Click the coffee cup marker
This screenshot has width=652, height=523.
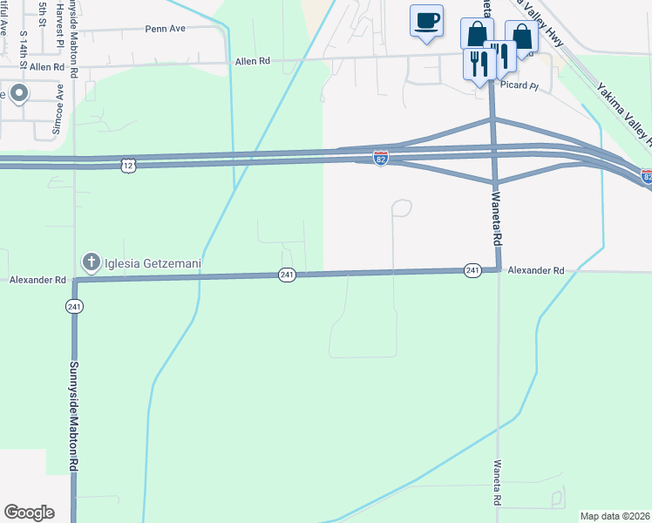426,21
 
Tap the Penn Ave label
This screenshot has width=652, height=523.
166,29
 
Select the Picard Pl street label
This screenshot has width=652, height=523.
522,85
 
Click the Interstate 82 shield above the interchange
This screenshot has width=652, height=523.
381,158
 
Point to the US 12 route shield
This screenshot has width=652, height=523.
128,164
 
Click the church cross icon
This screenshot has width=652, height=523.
90,261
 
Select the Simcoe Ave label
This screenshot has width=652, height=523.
60,102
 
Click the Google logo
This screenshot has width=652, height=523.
29,512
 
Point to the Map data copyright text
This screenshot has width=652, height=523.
615,516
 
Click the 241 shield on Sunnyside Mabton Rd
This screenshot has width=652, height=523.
74,306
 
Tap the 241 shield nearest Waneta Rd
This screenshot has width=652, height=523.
472,270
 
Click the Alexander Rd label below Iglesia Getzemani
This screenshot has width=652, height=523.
38,281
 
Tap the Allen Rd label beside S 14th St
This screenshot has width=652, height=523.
47,66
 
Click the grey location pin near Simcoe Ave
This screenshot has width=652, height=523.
17,93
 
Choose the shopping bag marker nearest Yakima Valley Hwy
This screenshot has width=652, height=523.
521,37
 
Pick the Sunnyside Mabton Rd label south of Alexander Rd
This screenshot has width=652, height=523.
74,416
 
